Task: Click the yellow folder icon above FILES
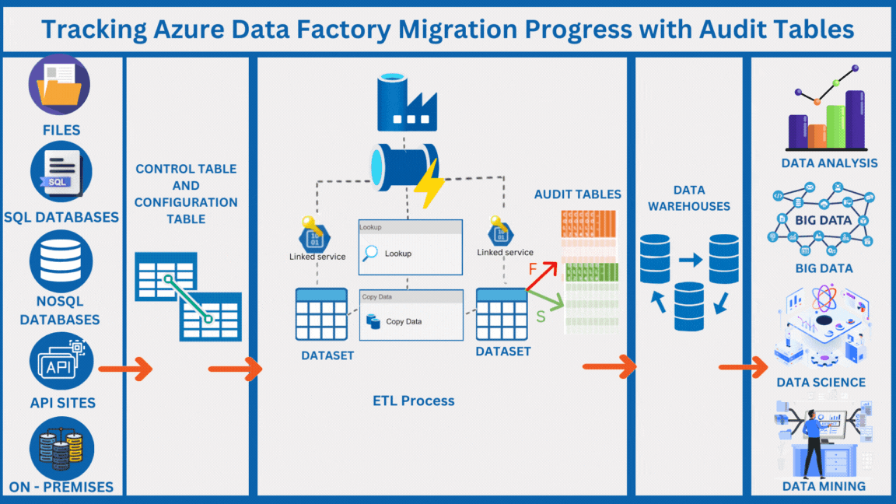coord(59,86)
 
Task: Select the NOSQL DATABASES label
coord(60,310)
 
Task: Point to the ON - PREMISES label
coord(61,488)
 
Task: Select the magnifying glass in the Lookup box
coord(371,253)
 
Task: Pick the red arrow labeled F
coord(542,276)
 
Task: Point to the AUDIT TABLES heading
coord(577,194)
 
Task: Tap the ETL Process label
coord(413,401)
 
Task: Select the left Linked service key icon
coord(310,233)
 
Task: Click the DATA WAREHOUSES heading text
coord(688,198)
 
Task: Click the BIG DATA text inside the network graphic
coord(823,220)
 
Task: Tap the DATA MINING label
coord(823,486)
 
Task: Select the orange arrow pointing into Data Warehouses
coord(610,366)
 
